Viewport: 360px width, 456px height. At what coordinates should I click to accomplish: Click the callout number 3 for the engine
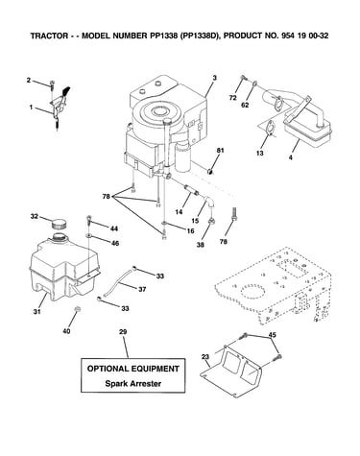point(214,78)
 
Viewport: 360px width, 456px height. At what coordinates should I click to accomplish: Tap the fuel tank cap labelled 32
point(59,223)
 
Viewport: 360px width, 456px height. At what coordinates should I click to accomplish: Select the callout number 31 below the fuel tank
point(37,311)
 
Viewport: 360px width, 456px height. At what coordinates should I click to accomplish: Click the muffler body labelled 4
point(307,132)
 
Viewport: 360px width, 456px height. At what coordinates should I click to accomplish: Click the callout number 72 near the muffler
point(232,98)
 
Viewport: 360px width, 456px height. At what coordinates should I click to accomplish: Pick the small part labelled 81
point(210,172)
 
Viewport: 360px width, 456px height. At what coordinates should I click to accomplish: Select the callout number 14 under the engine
point(179,211)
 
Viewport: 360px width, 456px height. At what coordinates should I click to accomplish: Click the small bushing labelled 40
point(76,309)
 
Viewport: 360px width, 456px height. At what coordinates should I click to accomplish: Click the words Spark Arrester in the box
point(133,383)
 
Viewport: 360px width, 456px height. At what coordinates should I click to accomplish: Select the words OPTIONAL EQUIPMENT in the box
point(133,369)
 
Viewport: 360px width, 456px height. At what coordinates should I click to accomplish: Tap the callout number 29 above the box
point(123,332)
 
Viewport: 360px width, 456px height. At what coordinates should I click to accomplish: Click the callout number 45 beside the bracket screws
point(272,335)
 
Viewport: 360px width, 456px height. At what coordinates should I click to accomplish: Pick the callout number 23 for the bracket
point(205,356)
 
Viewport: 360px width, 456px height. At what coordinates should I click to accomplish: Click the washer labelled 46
point(88,236)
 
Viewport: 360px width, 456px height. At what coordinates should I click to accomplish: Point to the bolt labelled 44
point(88,220)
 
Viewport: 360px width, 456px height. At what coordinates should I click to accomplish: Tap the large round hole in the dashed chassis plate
point(253,291)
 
